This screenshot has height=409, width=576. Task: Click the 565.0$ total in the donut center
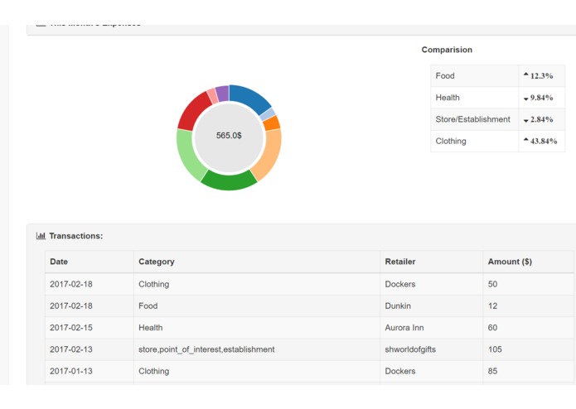[x=229, y=136]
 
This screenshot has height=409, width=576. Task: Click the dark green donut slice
[x=229, y=180]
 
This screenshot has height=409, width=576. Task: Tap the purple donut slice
[x=222, y=93]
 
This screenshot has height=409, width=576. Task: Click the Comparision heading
[x=447, y=50]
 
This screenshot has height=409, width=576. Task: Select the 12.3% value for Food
[x=542, y=76]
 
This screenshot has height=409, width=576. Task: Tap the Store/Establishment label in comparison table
[x=472, y=119]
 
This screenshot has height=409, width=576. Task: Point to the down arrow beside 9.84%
[x=525, y=99]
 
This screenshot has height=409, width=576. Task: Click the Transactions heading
[x=75, y=236]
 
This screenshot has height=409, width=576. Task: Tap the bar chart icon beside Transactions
[x=41, y=236]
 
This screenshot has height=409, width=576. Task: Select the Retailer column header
[x=400, y=262]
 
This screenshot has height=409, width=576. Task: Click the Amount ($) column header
[x=510, y=262]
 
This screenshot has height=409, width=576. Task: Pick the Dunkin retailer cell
[x=398, y=306]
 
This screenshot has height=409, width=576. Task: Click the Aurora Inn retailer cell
[x=404, y=328]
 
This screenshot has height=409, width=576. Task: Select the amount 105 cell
[x=495, y=349]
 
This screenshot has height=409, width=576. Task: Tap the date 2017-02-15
[x=71, y=328]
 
